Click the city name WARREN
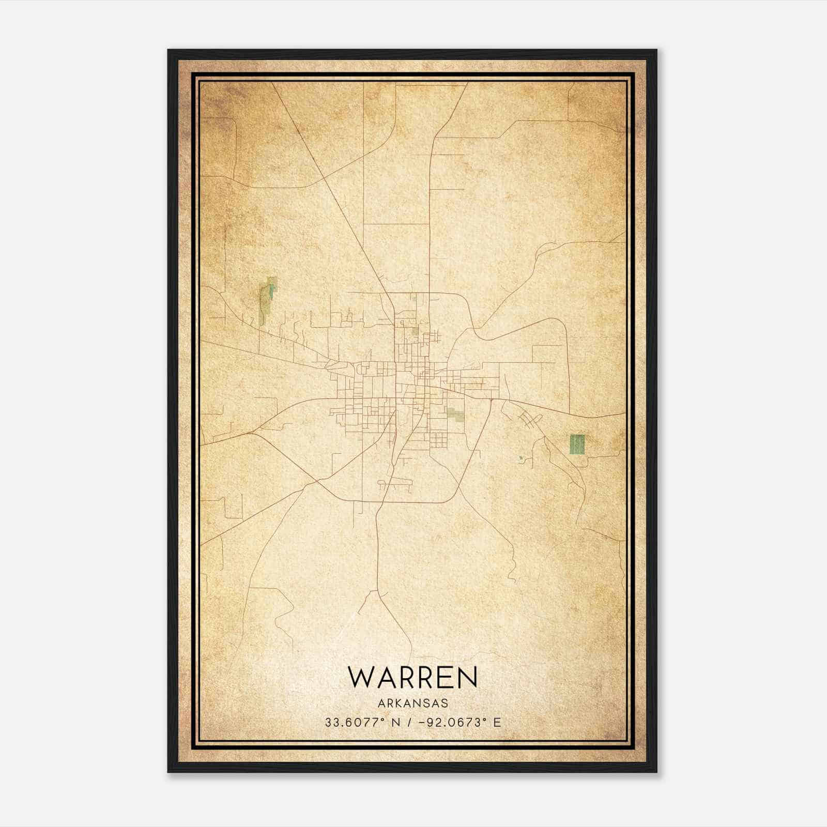coord(412,677)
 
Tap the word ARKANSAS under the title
coord(412,703)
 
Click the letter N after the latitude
coord(396,722)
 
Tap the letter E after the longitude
coord(497,722)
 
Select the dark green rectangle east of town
coord(577,444)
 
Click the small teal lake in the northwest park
coord(271,293)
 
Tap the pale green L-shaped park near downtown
coord(455,413)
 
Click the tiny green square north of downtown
coord(415,332)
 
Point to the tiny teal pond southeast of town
coord(520,457)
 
